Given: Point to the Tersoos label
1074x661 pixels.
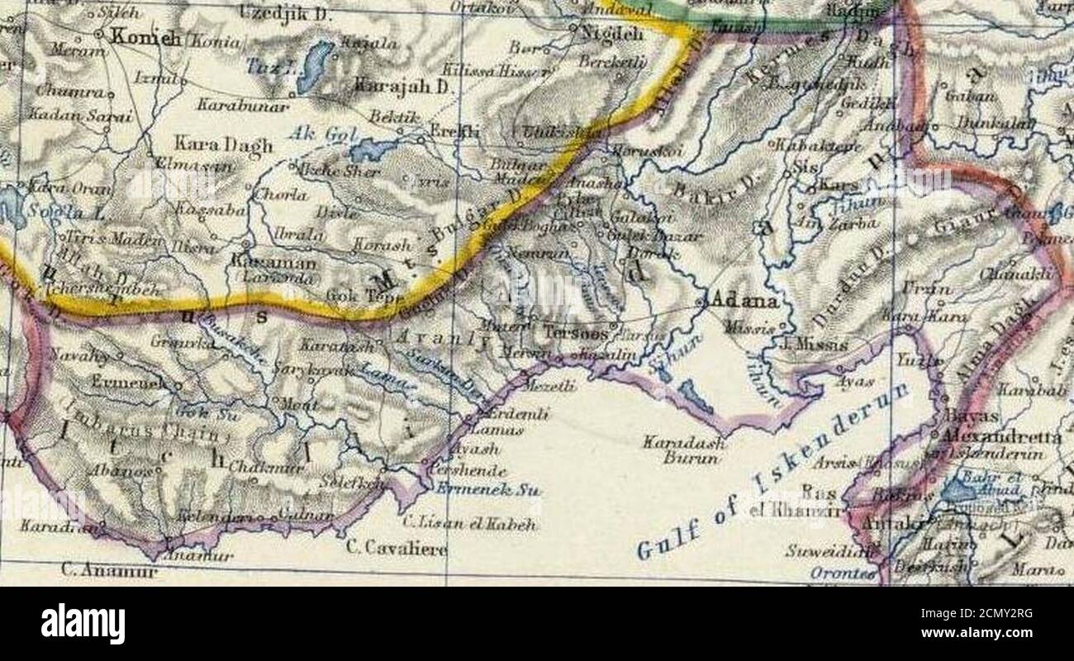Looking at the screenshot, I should [577, 335].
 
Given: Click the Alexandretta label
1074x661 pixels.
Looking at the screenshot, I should [1002, 436].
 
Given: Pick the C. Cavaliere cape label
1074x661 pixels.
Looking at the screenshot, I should [397, 549].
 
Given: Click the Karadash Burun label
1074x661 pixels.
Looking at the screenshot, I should [684, 449].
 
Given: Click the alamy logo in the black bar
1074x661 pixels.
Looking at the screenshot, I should [83, 622].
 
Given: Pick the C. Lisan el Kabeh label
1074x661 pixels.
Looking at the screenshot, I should [469, 524].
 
